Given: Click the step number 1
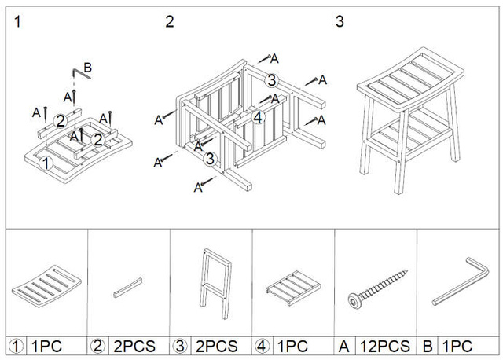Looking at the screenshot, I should (17, 21).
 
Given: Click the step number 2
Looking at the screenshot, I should (170, 21).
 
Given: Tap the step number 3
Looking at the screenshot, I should (340, 21).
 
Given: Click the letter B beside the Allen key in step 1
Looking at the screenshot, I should (87, 68).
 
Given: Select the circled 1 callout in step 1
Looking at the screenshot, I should (46, 163).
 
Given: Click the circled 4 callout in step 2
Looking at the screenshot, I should (258, 117).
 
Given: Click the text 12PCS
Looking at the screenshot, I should (379, 346).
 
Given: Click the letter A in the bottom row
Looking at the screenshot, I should (343, 346).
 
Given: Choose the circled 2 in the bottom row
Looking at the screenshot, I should (97, 346).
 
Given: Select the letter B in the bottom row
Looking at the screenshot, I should (429, 346).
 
